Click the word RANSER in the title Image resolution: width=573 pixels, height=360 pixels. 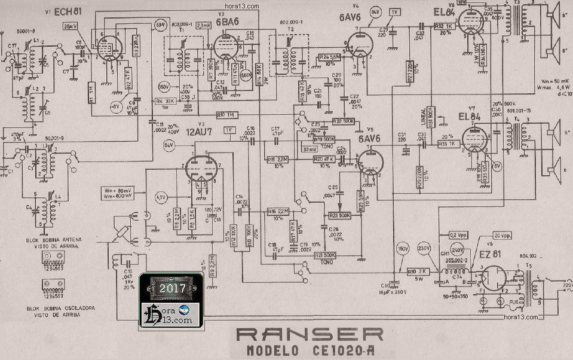[310, 334]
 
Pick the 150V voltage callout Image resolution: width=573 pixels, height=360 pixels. [402, 248]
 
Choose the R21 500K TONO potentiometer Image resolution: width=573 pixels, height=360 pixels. [325, 255]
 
